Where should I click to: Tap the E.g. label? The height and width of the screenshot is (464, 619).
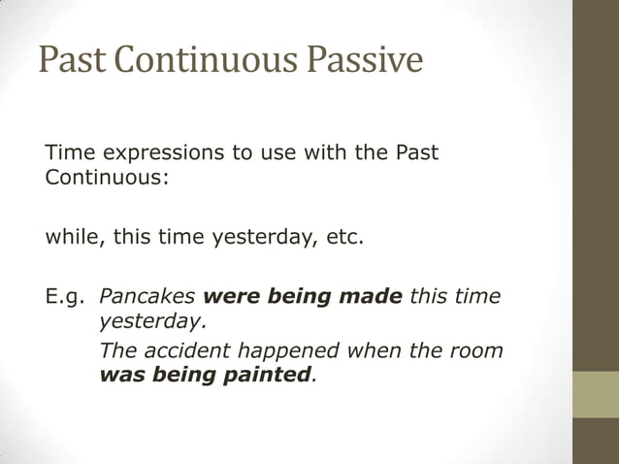(65, 295)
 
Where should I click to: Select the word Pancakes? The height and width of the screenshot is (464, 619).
(147, 295)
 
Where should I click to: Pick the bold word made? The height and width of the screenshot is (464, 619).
(370, 295)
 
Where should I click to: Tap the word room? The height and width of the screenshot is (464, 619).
(475, 350)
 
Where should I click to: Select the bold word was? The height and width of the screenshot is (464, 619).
(119, 374)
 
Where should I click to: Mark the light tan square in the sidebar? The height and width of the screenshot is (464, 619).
(595, 394)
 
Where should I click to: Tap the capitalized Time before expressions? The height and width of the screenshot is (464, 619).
(69, 153)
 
